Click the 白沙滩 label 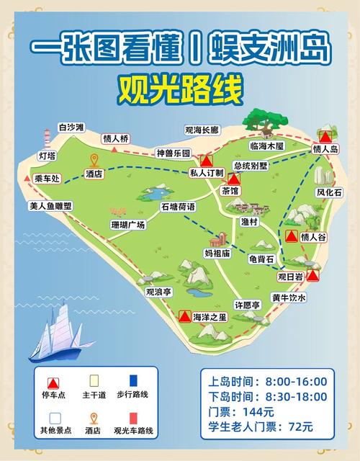click(x=72, y=127)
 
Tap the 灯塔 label click(x=47, y=156)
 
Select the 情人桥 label click(x=115, y=138)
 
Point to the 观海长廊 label click(x=201, y=130)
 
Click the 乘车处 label click(x=48, y=179)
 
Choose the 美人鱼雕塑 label click(x=51, y=206)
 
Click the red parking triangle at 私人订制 click(x=207, y=161)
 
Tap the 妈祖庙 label click(x=217, y=253)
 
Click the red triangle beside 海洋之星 click(x=185, y=316)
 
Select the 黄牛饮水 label click(x=289, y=297)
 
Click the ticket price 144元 click(x=258, y=411)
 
